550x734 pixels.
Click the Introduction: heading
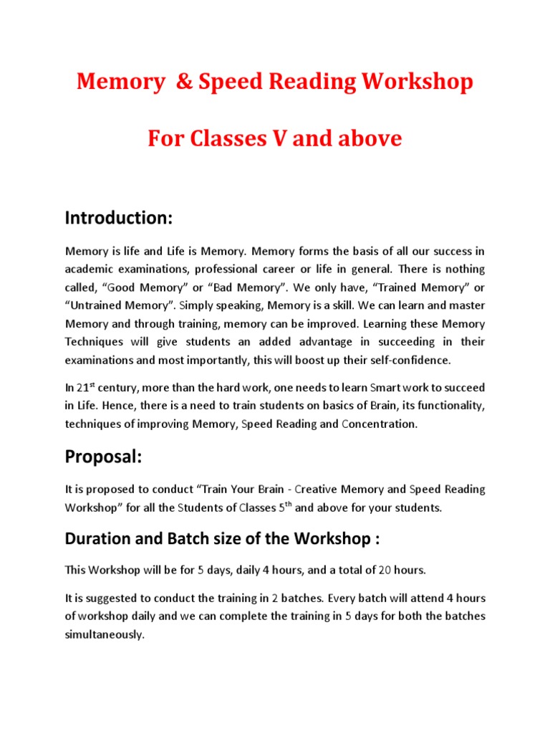(119, 217)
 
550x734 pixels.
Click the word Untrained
(100, 305)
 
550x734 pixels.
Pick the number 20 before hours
(385, 570)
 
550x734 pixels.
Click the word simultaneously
(105, 634)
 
